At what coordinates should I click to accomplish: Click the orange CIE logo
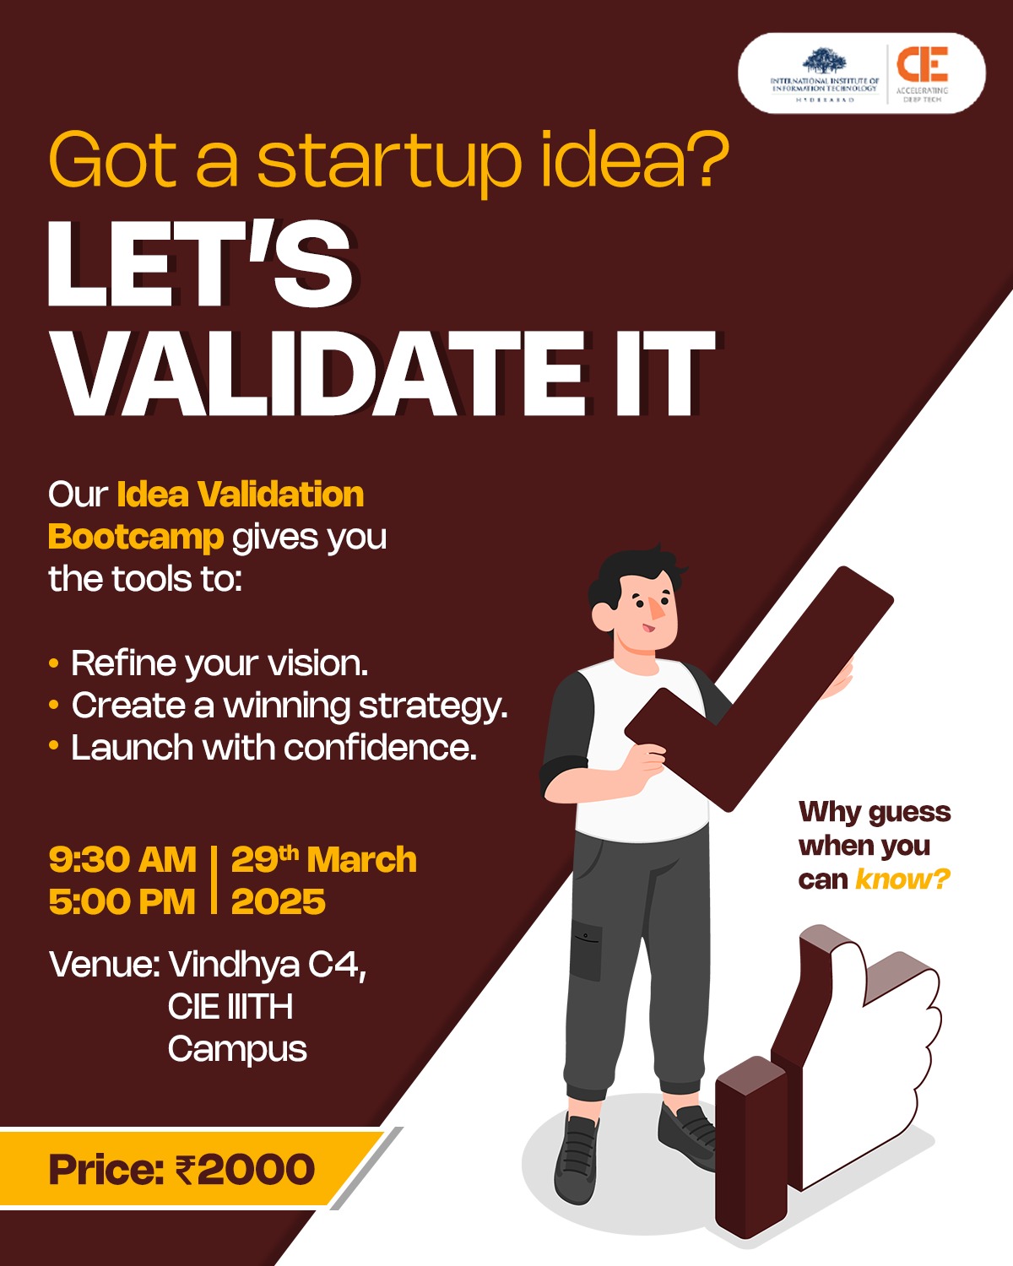pos(922,64)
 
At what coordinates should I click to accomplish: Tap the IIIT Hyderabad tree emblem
pos(824,62)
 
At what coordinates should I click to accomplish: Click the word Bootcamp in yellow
pos(136,537)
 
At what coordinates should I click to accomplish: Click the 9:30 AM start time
pos(122,860)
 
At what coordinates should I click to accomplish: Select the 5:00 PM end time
pos(122,902)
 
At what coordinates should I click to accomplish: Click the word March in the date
pos(362,860)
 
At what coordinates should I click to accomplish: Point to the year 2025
pos(278,902)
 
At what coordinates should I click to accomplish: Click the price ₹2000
pos(245,1170)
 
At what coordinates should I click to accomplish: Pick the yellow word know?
pos(902,880)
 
